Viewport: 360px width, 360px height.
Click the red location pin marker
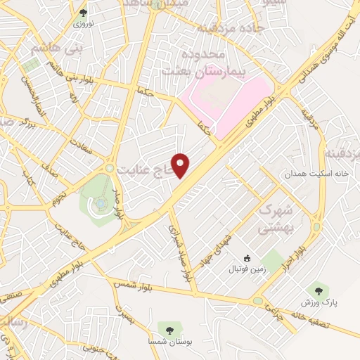click(181, 165)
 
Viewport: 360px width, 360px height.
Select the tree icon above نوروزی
click(84, 13)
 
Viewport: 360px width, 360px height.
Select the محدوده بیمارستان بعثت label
click(193, 63)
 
